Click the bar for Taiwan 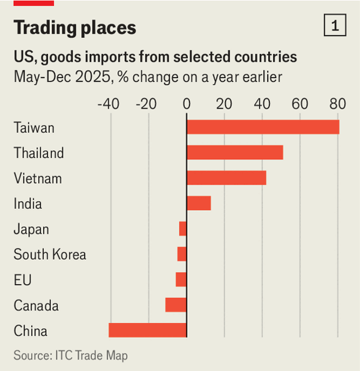click(x=263, y=127)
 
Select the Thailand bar click(x=235, y=152)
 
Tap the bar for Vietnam click(x=226, y=178)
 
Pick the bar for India click(x=199, y=204)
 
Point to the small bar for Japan click(x=183, y=229)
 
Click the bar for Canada click(x=176, y=305)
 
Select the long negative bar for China click(x=148, y=330)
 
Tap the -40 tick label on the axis click(x=108, y=103)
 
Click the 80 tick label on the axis click(x=338, y=103)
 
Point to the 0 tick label click(x=187, y=103)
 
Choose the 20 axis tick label click(x=224, y=103)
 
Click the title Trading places click(x=75, y=28)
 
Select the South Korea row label click(x=50, y=255)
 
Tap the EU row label click(x=23, y=280)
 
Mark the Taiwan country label click(x=34, y=128)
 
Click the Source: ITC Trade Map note click(x=70, y=355)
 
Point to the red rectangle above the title click(x=34, y=3)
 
